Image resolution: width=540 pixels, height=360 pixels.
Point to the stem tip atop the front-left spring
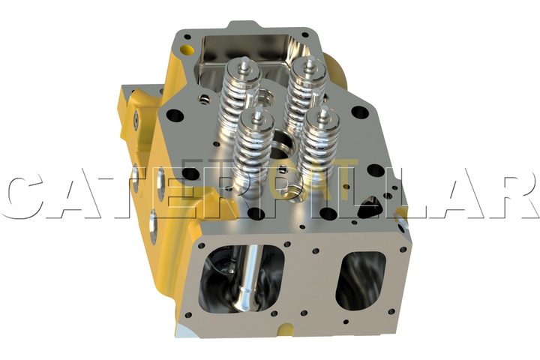coord(257,114)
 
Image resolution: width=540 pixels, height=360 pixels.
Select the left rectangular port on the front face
coord(241,279)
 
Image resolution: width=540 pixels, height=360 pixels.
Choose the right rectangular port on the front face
coord(361,280)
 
